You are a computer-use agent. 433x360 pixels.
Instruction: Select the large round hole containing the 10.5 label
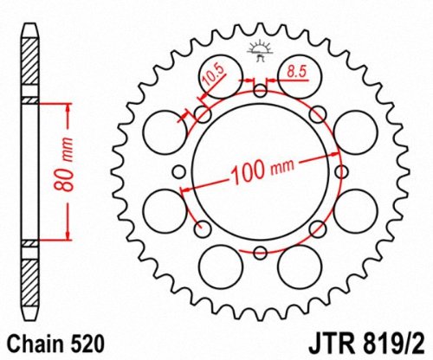click(216, 75)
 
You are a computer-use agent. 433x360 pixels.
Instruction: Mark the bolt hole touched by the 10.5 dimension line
click(203, 113)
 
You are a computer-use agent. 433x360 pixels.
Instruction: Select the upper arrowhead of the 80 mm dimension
click(63, 107)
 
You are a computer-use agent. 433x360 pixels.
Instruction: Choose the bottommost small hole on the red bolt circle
click(260, 252)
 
